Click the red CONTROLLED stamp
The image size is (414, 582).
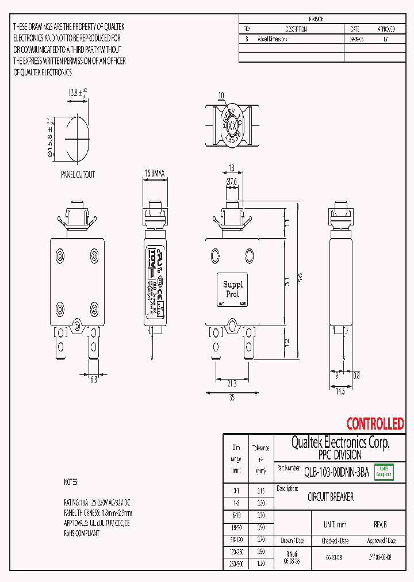(375, 424)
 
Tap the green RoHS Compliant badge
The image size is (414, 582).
(384, 472)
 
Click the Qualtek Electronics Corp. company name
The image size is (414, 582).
(340, 442)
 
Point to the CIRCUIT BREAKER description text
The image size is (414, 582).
(331, 497)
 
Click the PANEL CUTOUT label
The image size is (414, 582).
(78, 174)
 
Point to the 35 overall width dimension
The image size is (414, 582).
(231, 397)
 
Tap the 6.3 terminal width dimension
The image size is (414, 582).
(93, 380)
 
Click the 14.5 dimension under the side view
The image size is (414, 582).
(340, 392)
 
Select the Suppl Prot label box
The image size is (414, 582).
(233, 289)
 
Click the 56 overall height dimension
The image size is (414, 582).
(300, 277)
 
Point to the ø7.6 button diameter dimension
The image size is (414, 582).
(231, 182)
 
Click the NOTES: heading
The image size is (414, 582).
(71, 481)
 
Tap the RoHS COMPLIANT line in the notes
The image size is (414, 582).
(81, 533)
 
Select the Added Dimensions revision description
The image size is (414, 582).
(273, 39)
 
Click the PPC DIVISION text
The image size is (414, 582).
(339, 455)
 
